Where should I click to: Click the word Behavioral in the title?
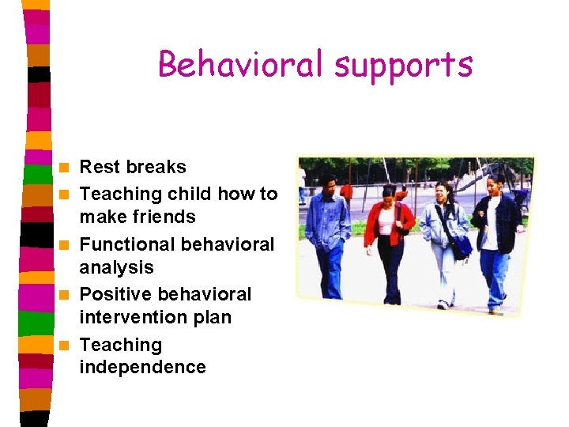coord(241,64)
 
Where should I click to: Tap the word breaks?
coord(156,167)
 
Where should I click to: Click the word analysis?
coord(116,267)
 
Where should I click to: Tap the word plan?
coord(212,317)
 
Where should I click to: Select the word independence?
coord(142,367)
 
